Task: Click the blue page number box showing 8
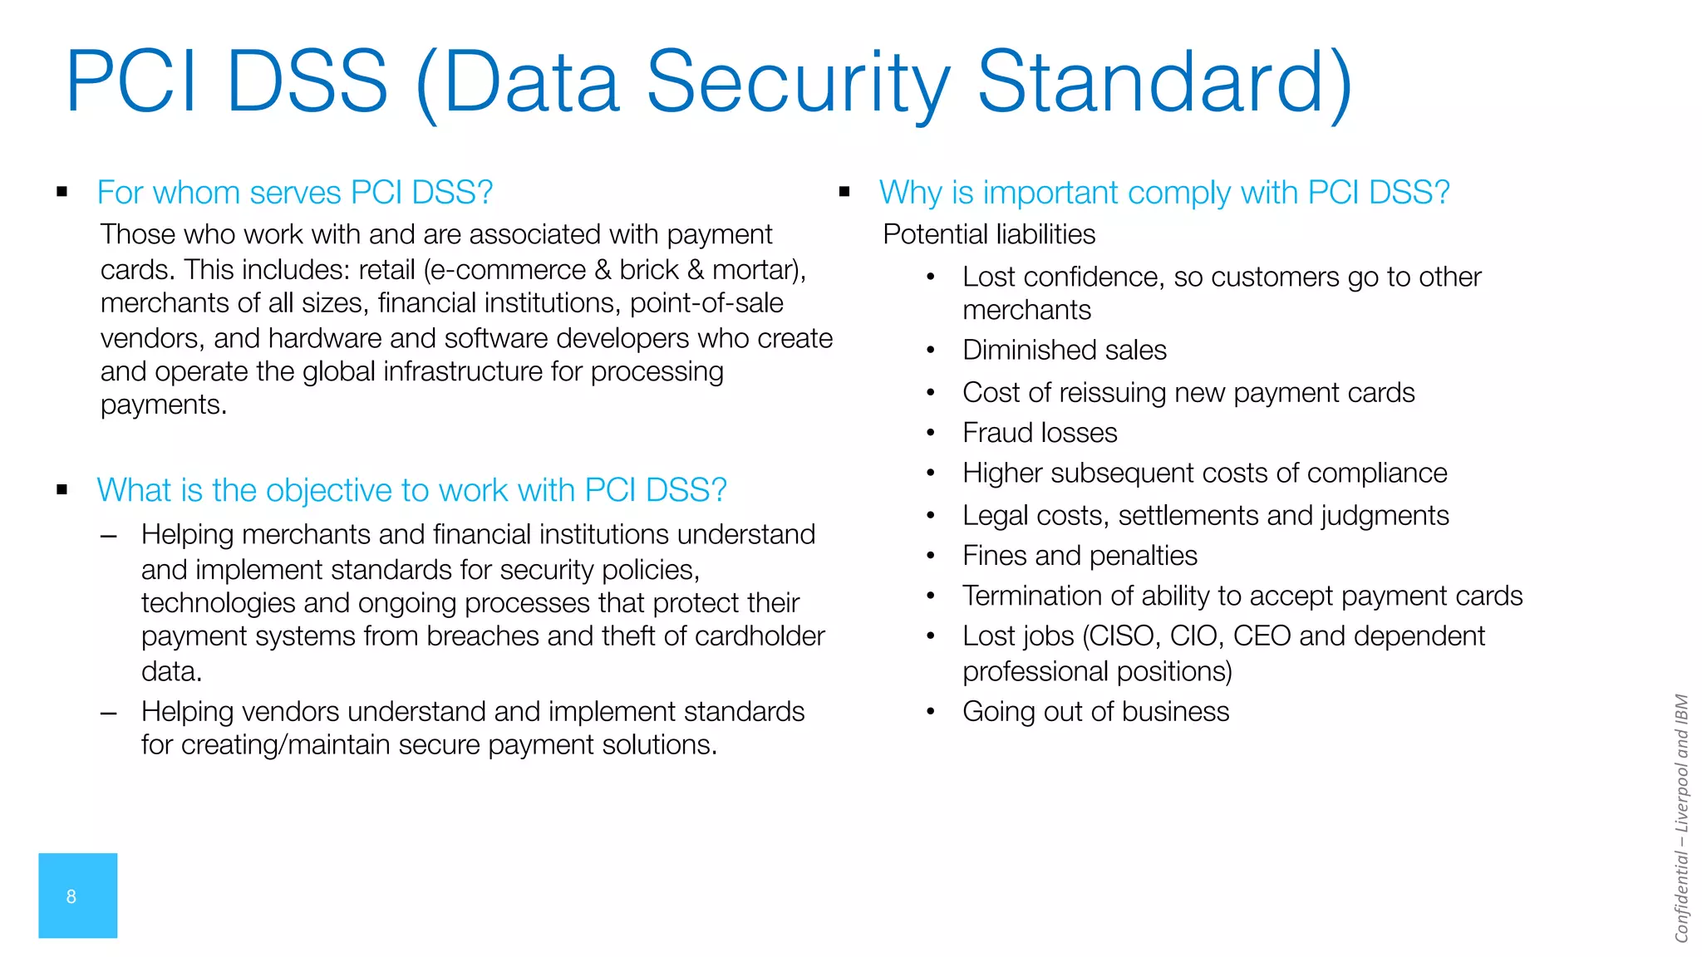(x=77, y=896)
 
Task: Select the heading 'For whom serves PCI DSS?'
(x=295, y=193)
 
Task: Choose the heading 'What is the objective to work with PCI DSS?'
(x=411, y=490)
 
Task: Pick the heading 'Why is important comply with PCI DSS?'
(x=1163, y=193)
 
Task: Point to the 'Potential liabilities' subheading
(x=989, y=234)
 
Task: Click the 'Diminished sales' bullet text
(x=1064, y=350)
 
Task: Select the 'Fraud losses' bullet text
(x=1040, y=433)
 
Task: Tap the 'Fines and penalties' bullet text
(x=1080, y=556)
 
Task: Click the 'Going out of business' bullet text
(x=1095, y=712)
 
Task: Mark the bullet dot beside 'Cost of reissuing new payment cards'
(x=931, y=393)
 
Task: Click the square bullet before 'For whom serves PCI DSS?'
(x=62, y=192)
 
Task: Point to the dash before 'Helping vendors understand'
(x=108, y=713)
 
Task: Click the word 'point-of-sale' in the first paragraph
(x=706, y=303)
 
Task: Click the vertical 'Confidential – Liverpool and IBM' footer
(x=1681, y=818)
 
